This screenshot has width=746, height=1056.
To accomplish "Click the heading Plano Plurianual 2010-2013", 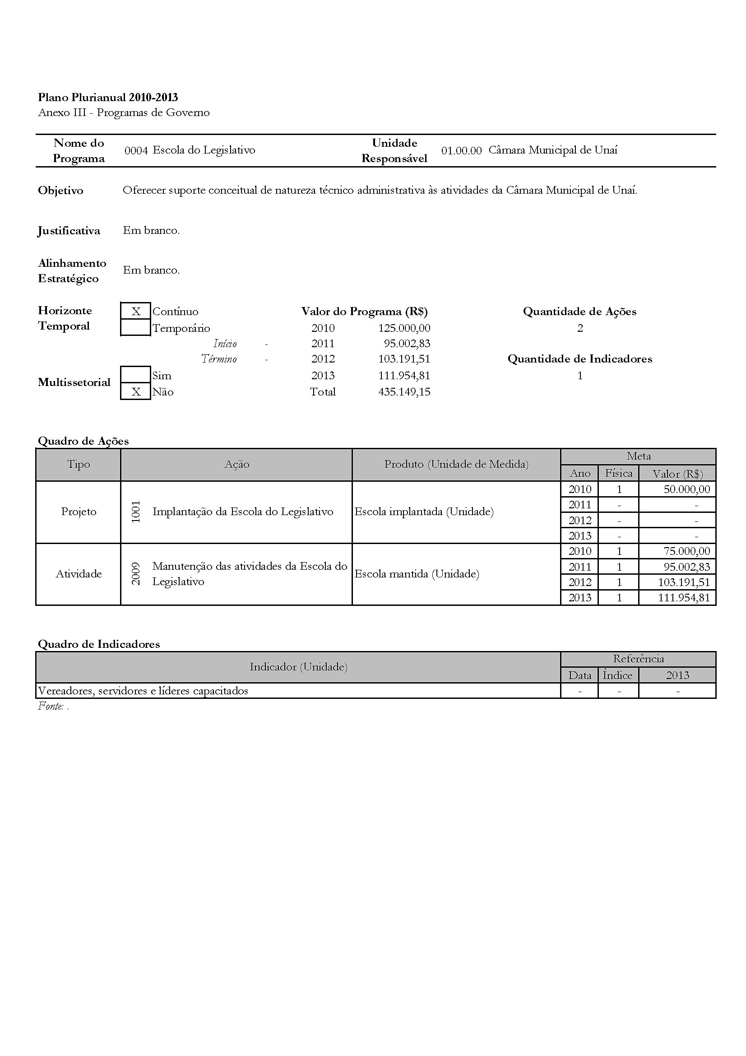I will tap(107, 98).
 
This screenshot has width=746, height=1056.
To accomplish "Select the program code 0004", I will tap(136, 150).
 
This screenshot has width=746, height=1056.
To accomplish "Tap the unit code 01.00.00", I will tap(461, 150).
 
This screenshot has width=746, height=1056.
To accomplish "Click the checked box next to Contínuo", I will tap(135, 312).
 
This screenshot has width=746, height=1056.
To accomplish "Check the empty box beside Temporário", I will tap(135, 328).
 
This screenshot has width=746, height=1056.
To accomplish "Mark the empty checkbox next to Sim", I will tap(135, 375).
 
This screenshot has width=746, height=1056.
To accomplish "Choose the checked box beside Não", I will tap(135, 392).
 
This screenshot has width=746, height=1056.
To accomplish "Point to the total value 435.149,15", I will tap(404, 392).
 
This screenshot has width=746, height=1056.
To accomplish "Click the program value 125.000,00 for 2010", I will tap(404, 328).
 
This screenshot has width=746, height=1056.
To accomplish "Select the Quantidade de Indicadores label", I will tap(579, 359).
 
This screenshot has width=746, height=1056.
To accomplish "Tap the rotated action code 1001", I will tap(135, 512).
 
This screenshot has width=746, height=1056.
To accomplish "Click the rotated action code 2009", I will tap(135, 573).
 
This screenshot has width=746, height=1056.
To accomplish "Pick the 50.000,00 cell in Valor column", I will tap(686, 489).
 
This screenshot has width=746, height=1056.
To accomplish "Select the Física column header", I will tap(618, 473).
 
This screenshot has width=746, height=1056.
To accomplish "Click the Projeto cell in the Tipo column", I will tap(79, 512).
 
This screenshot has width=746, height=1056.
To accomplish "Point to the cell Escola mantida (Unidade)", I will tap(417, 574).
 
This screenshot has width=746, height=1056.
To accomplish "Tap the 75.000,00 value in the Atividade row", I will tap(686, 551).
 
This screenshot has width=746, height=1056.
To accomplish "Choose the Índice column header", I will tap(617, 675).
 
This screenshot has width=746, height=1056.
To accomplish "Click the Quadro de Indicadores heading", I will tap(99, 644).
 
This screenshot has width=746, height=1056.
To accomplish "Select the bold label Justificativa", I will tap(69, 231).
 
